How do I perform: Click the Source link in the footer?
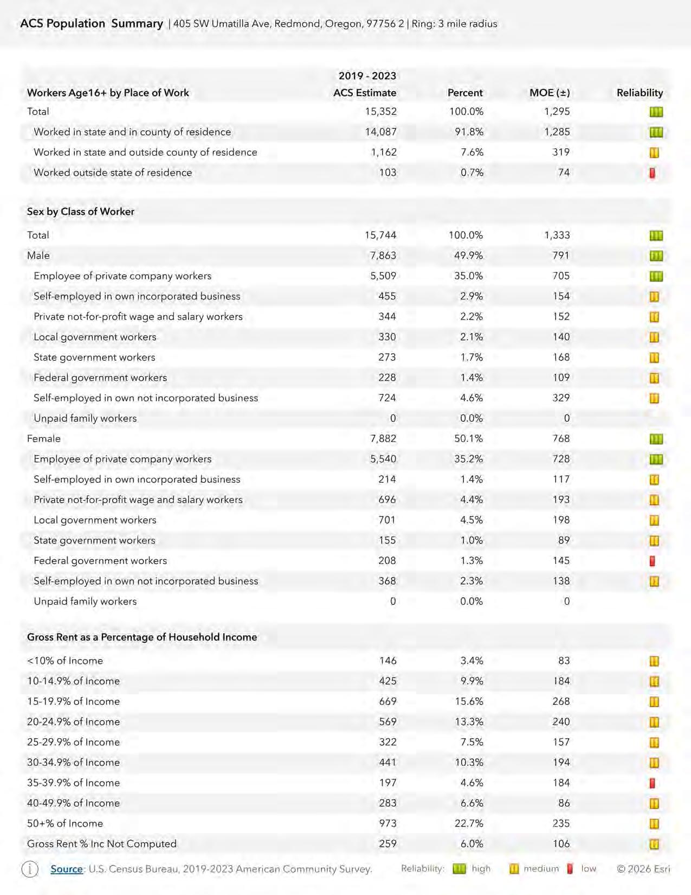click(x=66, y=869)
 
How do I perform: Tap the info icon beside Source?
click(x=30, y=869)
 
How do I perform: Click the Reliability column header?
click(x=640, y=93)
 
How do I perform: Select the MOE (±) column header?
click(x=549, y=93)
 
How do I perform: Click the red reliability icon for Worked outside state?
click(x=653, y=173)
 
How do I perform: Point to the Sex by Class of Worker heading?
click(x=81, y=212)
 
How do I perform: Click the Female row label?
click(x=44, y=439)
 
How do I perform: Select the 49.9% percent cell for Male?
click(x=468, y=255)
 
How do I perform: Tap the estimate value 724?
click(x=387, y=398)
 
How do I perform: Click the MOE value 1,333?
click(x=557, y=235)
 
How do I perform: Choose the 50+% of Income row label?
click(x=65, y=823)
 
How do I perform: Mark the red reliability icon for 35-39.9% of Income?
click(x=653, y=783)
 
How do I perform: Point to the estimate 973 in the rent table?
click(x=388, y=823)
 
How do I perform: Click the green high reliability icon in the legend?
click(x=459, y=869)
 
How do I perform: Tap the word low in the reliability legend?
click(x=589, y=869)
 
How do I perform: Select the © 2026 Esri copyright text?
click(x=643, y=869)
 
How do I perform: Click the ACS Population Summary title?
click(x=92, y=24)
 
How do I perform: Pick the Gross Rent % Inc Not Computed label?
click(x=102, y=844)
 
